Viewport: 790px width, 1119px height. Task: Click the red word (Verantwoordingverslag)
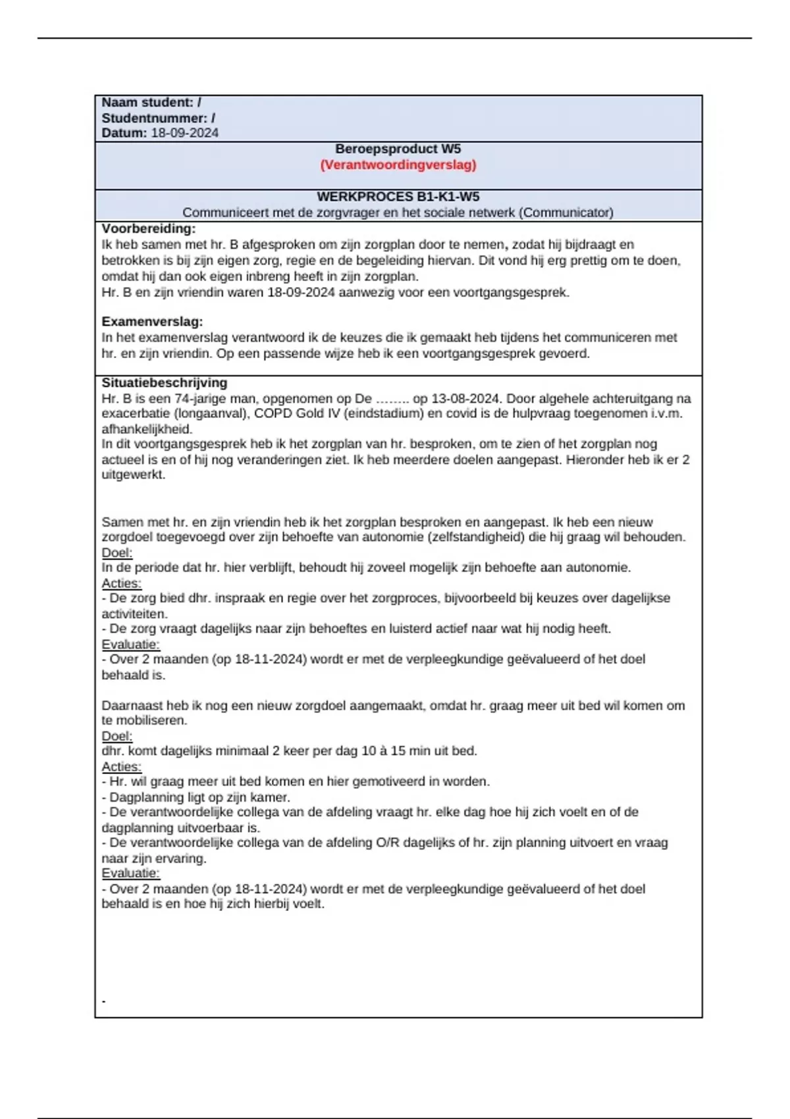(398, 165)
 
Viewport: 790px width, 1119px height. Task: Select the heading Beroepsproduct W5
(398, 149)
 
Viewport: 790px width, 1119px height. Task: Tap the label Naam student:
(147, 103)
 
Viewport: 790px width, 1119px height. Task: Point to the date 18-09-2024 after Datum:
(184, 133)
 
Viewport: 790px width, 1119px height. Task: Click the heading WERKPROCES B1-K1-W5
(398, 197)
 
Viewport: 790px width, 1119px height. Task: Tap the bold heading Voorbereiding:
(148, 229)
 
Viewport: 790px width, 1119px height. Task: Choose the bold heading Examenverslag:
(152, 322)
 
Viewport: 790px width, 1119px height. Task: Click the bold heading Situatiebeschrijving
(164, 382)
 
